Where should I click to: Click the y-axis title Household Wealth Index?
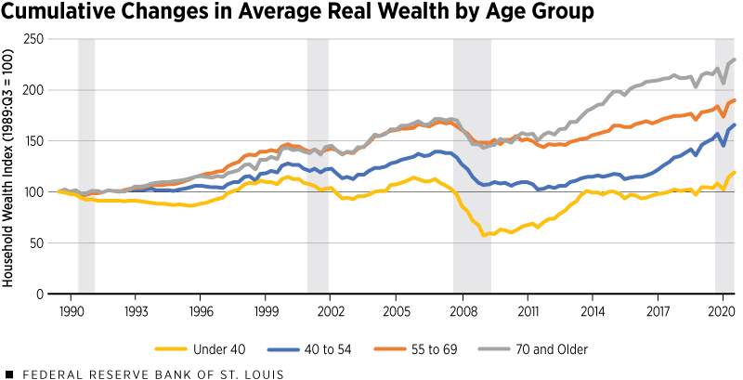click(x=11, y=167)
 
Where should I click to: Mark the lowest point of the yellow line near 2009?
click(x=483, y=235)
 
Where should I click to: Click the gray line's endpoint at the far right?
click(x=736, y=59)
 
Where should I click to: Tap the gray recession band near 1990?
click(x=86, y=167)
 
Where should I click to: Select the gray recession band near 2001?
click(x=316, y=167)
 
